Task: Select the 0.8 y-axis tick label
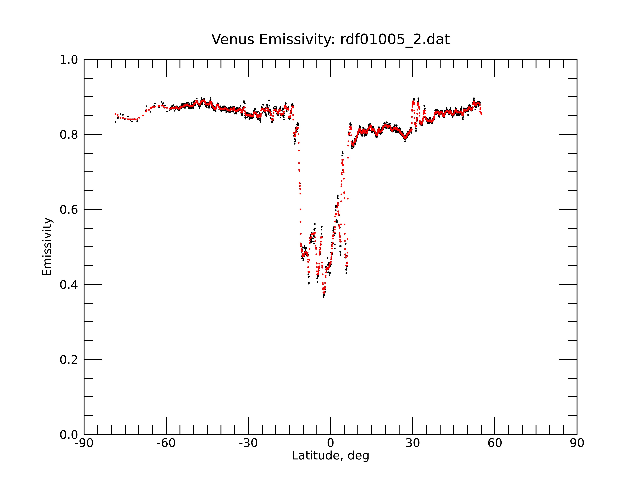pyautogui.click(x=69, y=135)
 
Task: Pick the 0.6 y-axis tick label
pyautogui.click(x=69, y=210)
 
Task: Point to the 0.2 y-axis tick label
pyautogui.click(x=69, y=360)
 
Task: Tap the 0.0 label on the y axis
pyautogui.click(x=69, y=435)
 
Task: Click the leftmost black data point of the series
pyautogui.click(x=115, y=122)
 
